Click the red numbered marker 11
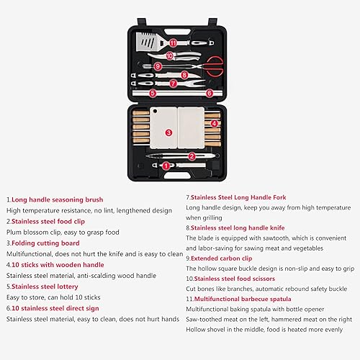(x=173, y=43)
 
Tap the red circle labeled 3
(x=168, y=132)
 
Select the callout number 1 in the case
(x=166, y=166)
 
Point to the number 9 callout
(x=158, y=66)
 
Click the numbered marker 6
(x=210, y=93)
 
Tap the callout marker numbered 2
(x=192, y=156)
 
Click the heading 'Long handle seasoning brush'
(x=57, y=199)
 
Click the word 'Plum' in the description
(x=16, y=232)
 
